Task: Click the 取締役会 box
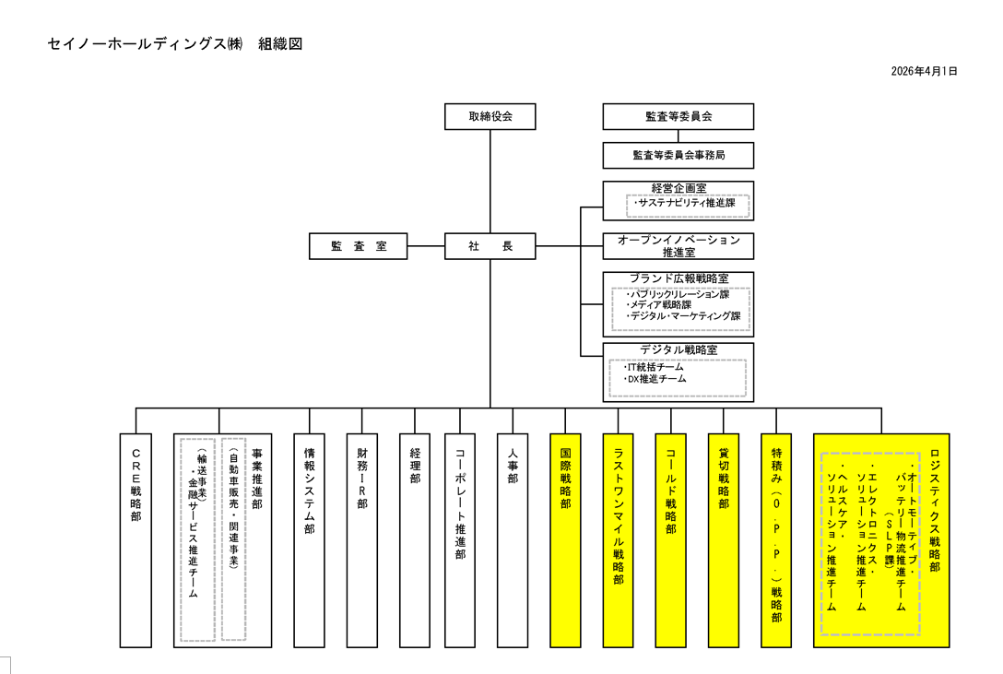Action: [x=490, y=116]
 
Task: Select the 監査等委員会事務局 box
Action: [x=678, y=155]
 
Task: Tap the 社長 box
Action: [x=490, y=246]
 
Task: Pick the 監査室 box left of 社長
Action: [x=358, y=246]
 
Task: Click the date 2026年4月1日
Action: [x=925, y=71]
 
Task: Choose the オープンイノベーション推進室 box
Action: [x=678, y=246]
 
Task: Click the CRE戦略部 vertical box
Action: [x=136, y=539]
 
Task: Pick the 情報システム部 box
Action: [x=309, y=539]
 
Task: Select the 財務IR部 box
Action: [x=362, y=539]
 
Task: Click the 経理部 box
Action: [x=415, y=539]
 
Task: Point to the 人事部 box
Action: [x=513, y=539]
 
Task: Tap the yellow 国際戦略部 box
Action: [x=565, y=539]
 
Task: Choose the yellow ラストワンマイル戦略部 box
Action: [x=619, y=539]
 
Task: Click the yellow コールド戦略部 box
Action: [x=671, y=539]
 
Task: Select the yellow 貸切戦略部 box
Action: [x=724, y=539]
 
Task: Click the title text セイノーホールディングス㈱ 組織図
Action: [x=174, y=43]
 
